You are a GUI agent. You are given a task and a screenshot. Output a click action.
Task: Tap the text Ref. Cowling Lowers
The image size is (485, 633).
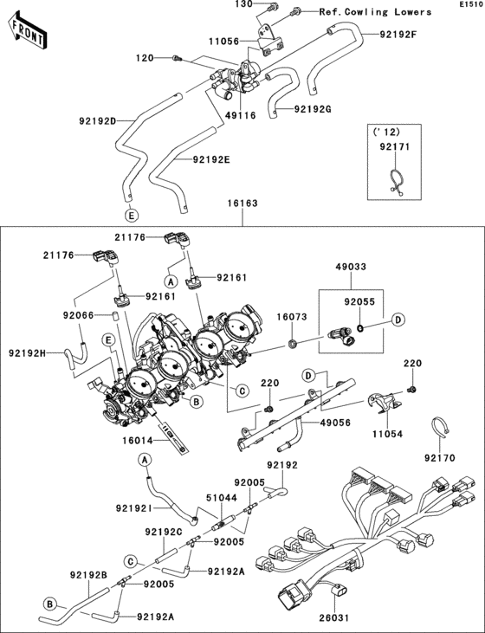[x=375, y=12]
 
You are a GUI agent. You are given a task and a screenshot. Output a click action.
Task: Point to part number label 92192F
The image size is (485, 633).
[x=398, y=35]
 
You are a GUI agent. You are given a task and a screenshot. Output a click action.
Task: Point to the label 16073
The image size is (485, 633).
[x=293, y=319]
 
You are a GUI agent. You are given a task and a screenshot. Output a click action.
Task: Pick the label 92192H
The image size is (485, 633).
[x=28, y=353]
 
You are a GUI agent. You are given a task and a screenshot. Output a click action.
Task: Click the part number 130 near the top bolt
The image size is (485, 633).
[x=244, y=5]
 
